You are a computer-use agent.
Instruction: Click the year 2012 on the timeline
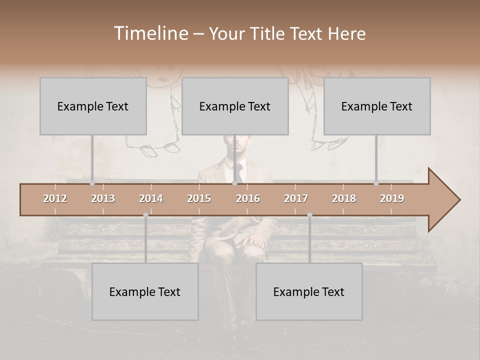click(55, 198)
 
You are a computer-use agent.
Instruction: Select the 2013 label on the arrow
click(103, 198)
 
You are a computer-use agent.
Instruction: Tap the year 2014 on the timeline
click(151, 198)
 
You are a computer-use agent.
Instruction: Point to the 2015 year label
click(199, 198)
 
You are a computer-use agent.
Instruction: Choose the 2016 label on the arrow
click(248, 198)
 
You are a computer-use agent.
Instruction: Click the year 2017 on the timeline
click(296, 198)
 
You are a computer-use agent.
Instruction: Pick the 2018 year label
click(344, 198)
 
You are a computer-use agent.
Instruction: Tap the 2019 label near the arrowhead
click(392, 198)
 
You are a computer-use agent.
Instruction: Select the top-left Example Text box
click(93, 106)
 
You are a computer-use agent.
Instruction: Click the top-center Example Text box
click(235, 106)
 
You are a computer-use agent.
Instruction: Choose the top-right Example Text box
click(377, 106)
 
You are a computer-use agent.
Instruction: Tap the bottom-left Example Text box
click(145, 291)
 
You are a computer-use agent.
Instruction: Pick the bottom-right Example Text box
click(309, 291)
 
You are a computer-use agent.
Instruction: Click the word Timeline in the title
click(150, 33)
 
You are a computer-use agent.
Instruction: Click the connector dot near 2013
click(92, 183)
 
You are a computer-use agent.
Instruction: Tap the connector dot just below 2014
click(145, 215)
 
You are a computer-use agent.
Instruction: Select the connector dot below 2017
click(309, 215)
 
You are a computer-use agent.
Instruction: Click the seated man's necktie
click(239, 172)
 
